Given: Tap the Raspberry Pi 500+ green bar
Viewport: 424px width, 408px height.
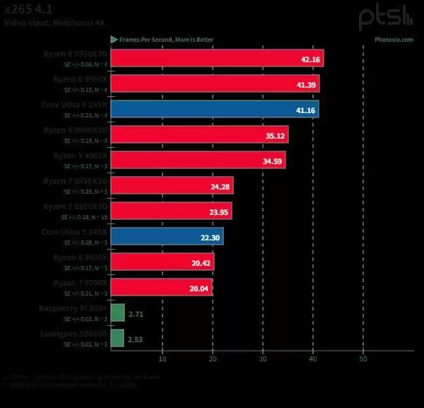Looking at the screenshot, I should coord(118,313).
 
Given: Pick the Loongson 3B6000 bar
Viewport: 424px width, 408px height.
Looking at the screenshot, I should coord(117,338).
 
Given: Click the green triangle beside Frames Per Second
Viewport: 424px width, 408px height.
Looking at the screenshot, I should coord(113,40).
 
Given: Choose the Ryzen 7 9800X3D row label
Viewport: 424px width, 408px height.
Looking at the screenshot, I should coord(74,206).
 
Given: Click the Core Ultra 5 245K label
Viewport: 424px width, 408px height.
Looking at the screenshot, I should coord(75,231).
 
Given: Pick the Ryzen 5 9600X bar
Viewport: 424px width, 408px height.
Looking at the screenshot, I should coord(163,262).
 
